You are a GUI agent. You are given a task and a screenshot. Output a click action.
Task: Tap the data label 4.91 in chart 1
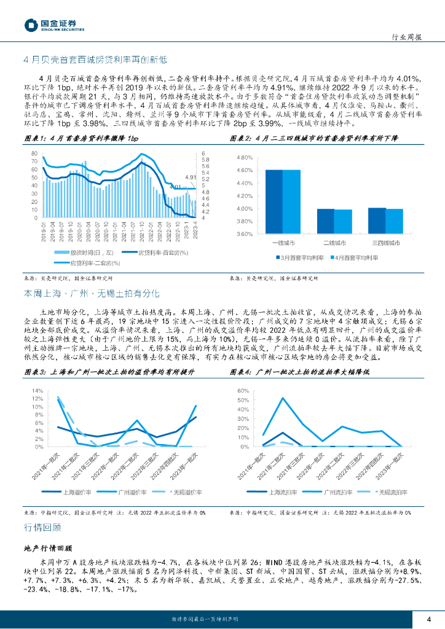(x=190, y=177)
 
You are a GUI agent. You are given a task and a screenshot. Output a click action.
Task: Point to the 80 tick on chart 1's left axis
(x=34, y=153)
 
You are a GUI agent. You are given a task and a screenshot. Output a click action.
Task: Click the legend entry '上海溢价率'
(x=78, y=492)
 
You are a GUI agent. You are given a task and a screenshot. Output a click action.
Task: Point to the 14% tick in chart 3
(x=37, y=391)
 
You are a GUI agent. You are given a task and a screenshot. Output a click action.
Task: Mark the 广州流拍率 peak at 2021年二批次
(x=283, y=398)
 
